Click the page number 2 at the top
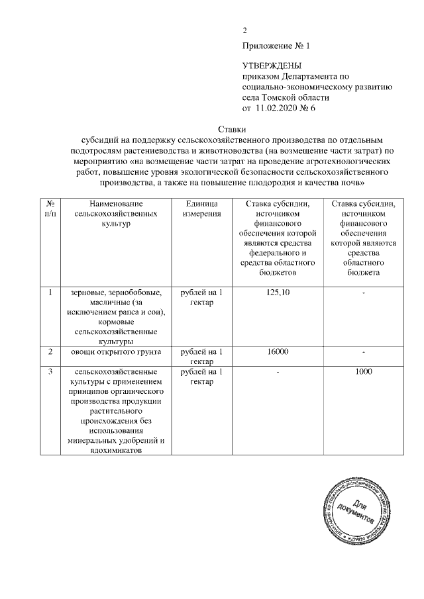(x=244, y=30)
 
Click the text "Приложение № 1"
(x=276, y=46)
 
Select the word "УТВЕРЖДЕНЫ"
(x=272, y=66)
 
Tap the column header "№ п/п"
(x=50, y=209)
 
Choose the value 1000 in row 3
(x=364, y=372)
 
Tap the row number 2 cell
(x=50, y=352)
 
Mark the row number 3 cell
(x=50, y=372)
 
